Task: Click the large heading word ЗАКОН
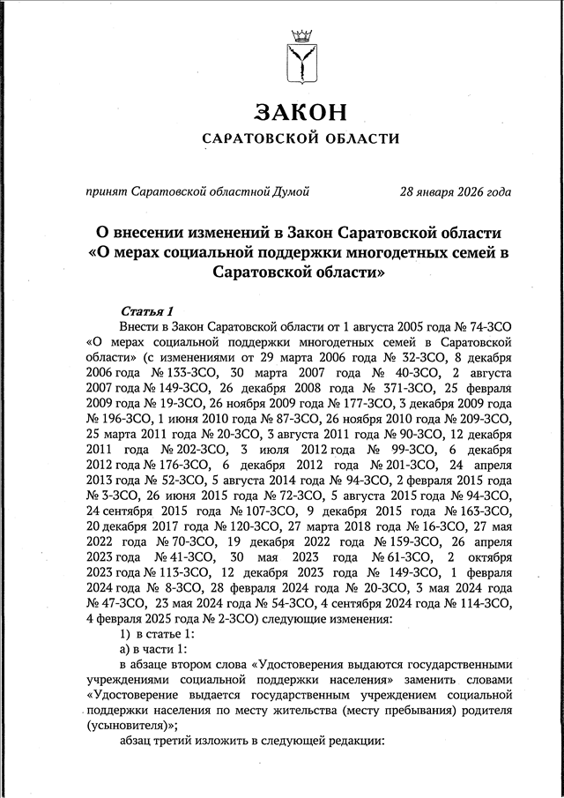click(x=300, y=111)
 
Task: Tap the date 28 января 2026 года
click(x=455, y=191)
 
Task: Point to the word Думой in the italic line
click(x=287, y=191)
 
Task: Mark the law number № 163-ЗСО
click(x=478, y=511)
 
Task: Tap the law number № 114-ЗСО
click(x=478, y=603)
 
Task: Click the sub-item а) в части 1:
click(x=154, y=649)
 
